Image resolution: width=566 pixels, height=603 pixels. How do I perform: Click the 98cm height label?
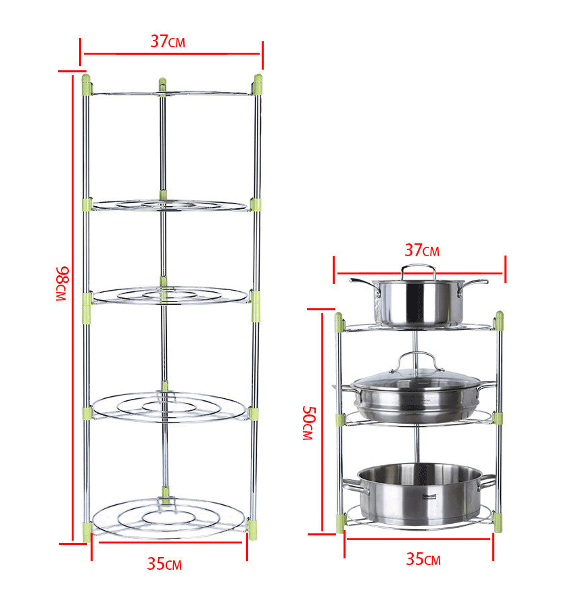62,283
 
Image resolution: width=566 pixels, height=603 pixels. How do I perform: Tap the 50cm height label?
308,423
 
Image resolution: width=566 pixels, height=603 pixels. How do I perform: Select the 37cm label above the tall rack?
168,41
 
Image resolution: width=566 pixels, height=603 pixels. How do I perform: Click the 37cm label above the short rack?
422,250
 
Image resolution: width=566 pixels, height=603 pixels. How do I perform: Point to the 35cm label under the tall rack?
164,564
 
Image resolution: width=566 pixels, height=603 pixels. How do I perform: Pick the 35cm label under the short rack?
423,559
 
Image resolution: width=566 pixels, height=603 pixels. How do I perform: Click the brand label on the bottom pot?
429,496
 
